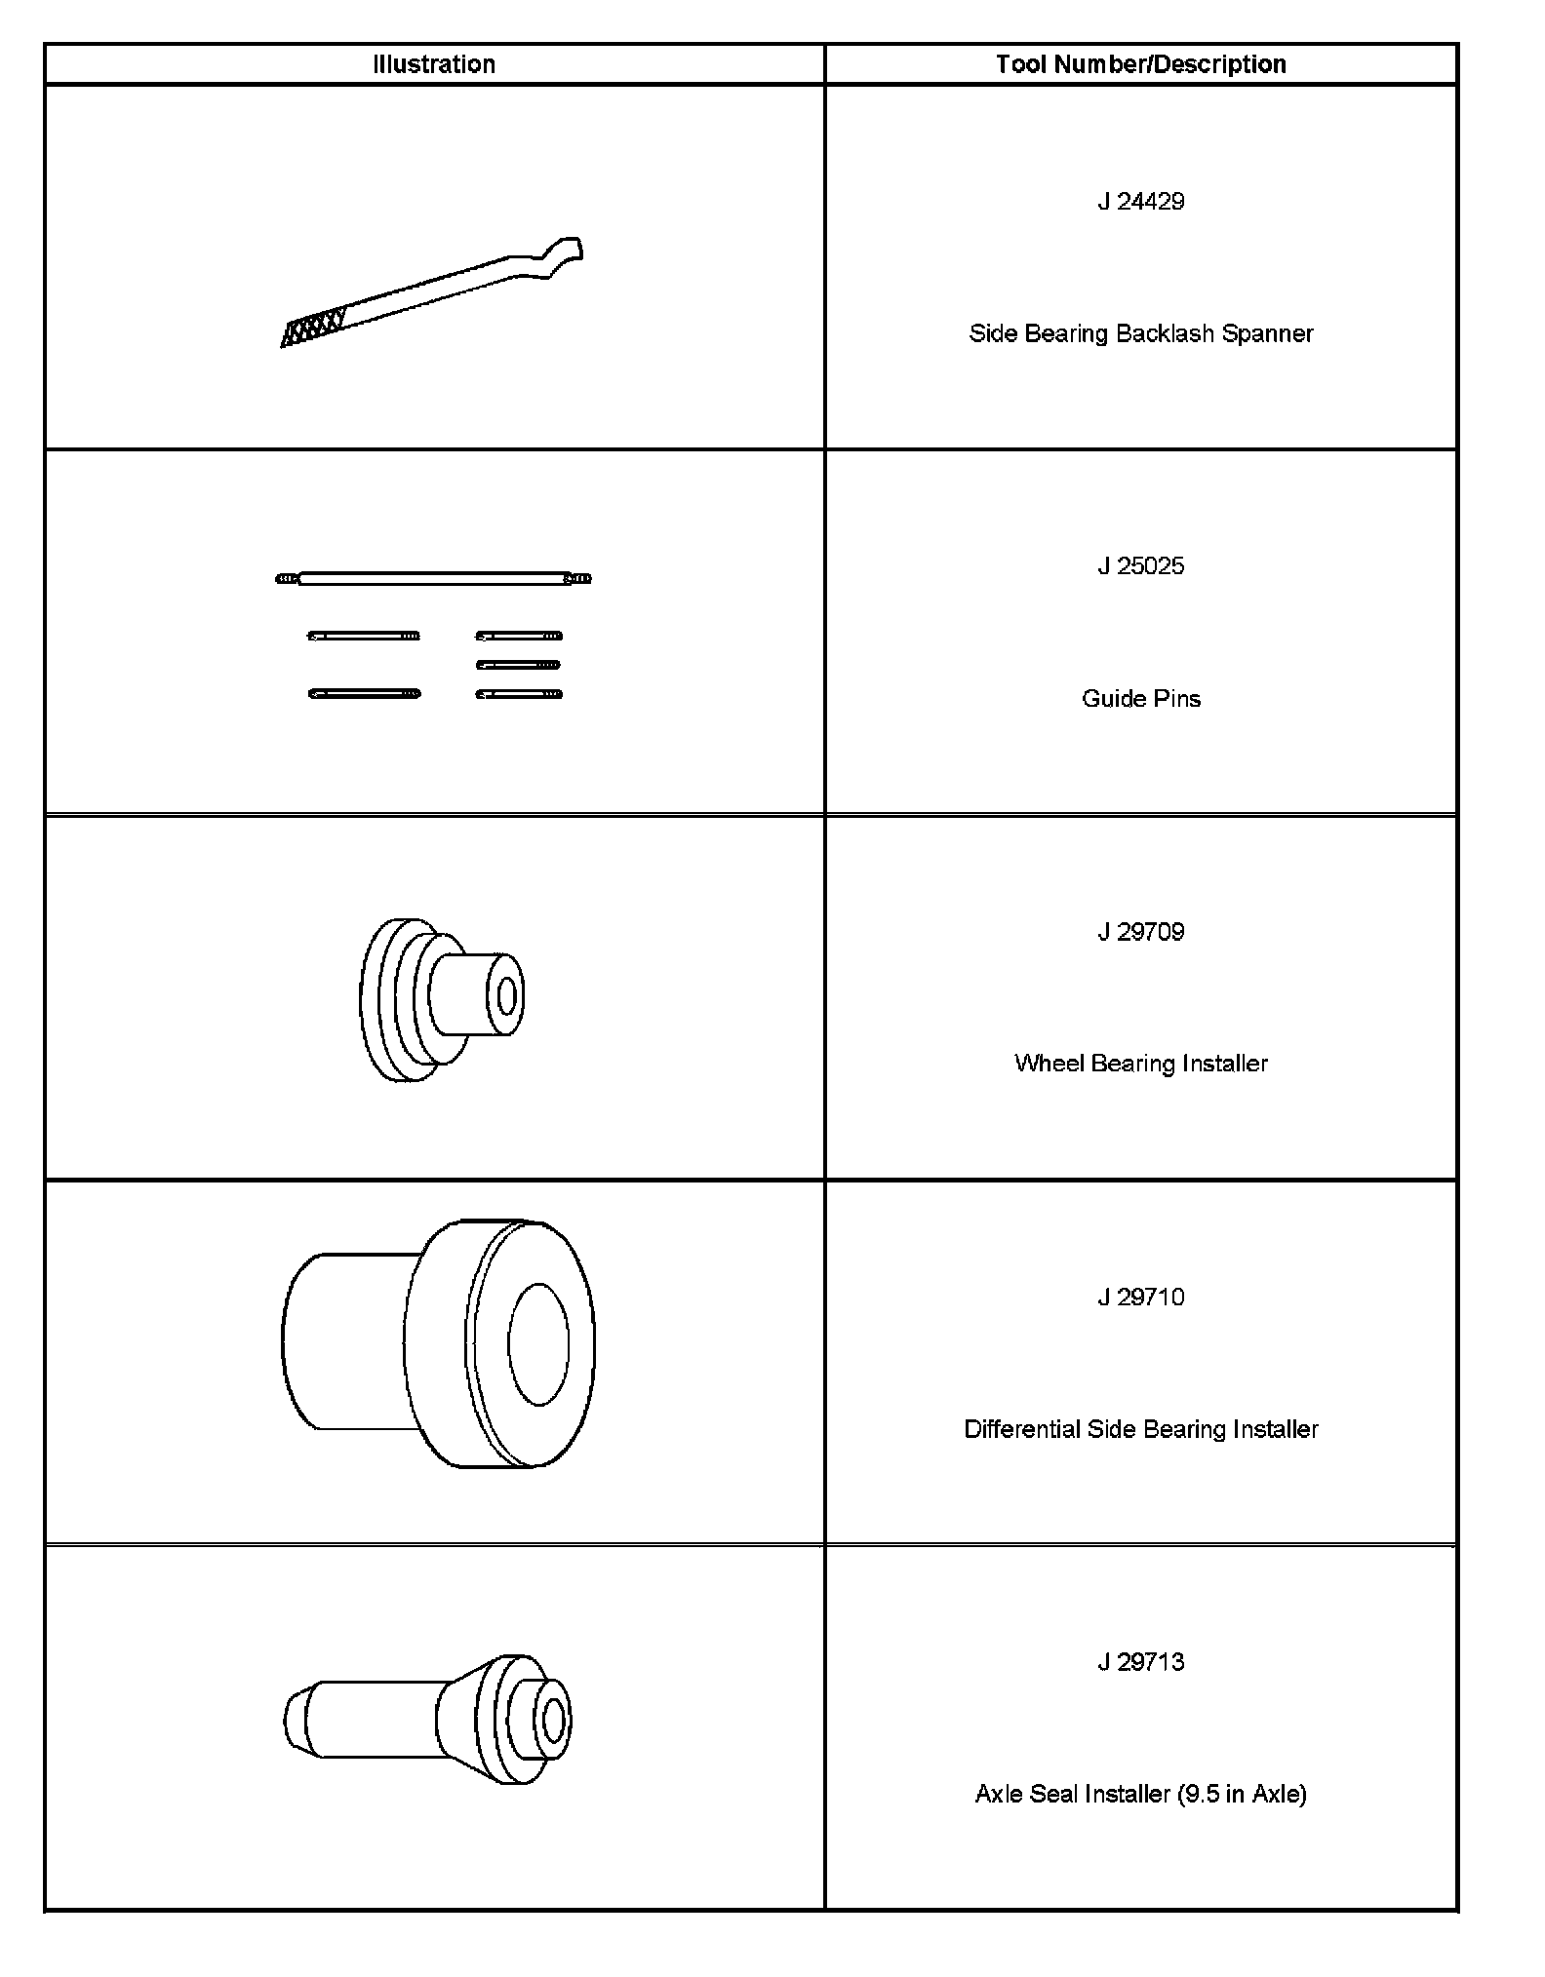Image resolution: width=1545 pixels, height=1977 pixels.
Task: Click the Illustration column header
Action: (434, 64)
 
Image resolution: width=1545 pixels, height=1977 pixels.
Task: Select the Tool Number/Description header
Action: (1140, 64)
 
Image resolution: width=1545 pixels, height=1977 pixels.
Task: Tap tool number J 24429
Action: (1140, 202)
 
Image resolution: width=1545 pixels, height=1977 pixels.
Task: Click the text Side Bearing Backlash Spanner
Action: (1140, 333)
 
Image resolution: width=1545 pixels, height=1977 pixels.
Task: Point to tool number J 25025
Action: (1140, 566)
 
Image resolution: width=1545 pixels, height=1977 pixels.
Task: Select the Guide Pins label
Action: (1140, 698)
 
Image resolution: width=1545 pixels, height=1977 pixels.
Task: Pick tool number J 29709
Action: (1140, 932)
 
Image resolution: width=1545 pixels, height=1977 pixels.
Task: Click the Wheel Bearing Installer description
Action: (1140, 1064)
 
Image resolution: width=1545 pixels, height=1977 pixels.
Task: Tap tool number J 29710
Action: (1140, 1298)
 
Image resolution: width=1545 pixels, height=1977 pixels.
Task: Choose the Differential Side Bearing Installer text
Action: (1140, 1429)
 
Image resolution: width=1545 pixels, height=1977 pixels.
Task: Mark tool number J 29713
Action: (1140, 1662)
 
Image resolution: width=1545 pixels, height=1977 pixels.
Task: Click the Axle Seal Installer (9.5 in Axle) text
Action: (1140, 1794)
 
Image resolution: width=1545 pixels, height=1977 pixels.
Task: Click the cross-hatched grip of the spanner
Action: (312, 328)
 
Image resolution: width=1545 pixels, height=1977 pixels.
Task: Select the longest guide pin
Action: (433, 579)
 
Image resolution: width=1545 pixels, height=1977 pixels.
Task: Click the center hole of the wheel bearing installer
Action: (506, 996)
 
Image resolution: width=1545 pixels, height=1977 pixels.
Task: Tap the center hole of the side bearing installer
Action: (537, 1344)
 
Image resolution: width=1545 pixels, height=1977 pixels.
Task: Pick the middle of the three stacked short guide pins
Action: (518, 666)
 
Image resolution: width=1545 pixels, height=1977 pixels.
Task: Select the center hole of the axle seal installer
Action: (553, 1721)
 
